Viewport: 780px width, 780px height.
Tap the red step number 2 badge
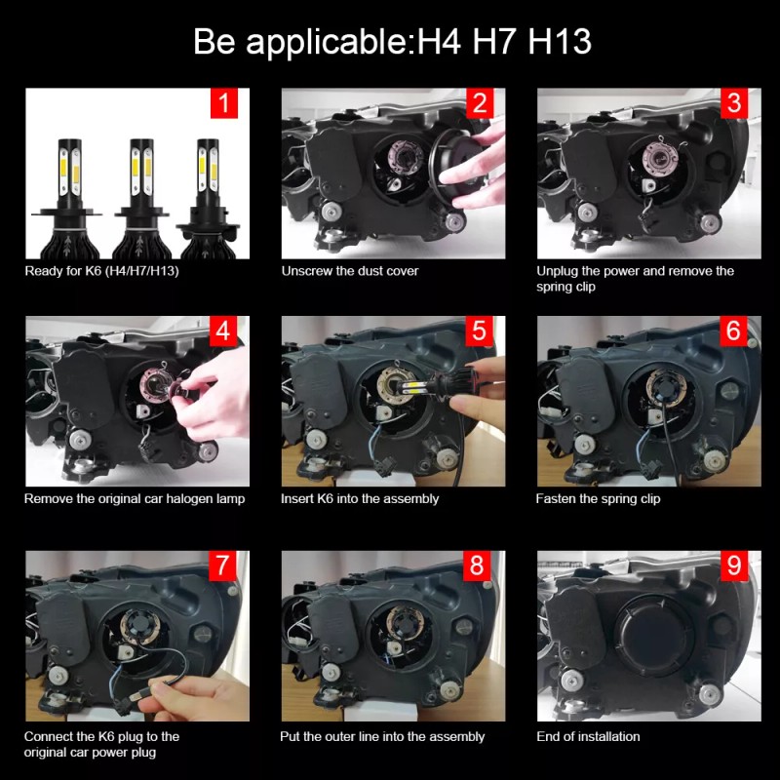[479, 102]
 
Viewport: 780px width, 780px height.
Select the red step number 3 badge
[734, 102]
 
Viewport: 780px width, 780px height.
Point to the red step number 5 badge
[479, 331]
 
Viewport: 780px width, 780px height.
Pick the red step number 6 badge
[734, 331]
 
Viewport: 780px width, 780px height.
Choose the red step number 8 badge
[479, 565]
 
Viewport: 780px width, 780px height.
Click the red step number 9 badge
[734, 565]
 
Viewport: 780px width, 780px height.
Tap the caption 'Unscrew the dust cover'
[350, 270]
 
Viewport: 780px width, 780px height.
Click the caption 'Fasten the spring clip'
[598, 498]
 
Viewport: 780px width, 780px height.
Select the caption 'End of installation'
[589, 736]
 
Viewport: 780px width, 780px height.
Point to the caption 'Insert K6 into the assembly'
[360, 498]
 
